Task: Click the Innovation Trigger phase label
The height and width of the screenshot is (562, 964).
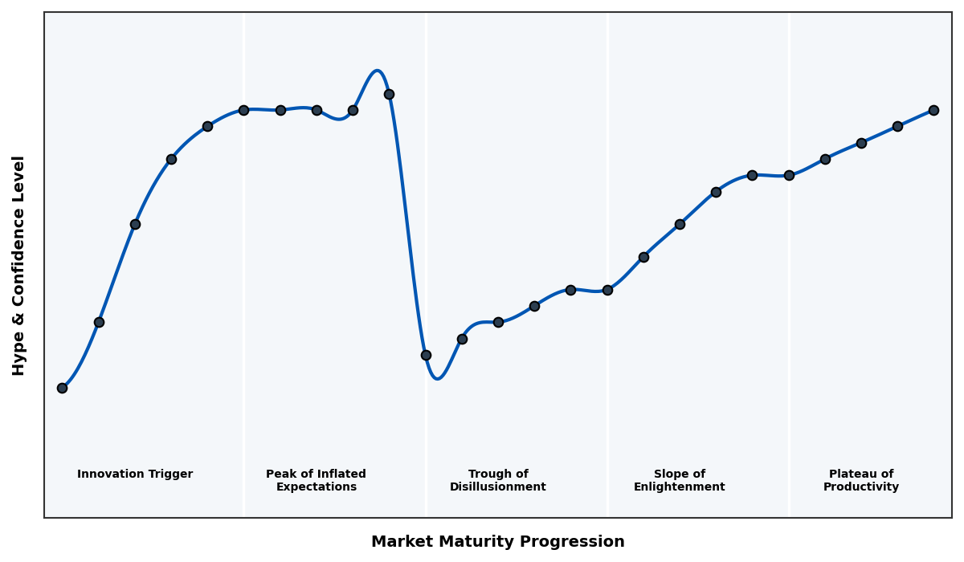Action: coord(135,474)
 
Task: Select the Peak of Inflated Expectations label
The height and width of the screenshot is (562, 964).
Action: coord(316,480)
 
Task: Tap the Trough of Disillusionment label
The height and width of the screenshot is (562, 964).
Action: coord(497,480)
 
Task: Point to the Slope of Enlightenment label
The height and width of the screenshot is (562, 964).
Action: coord(679,480)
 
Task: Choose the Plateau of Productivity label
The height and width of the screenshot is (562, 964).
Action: coord(861,480)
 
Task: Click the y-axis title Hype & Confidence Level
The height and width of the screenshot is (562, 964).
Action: coord(19,265)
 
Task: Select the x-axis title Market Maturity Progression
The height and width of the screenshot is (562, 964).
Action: coord(497,542)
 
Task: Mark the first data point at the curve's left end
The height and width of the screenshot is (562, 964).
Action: coord(62,388)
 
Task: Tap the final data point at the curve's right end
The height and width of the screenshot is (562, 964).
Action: coord(933,110)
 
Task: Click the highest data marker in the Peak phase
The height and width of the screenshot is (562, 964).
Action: coord(389,94)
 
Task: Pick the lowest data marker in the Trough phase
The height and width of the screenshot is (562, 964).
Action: coord(426,355)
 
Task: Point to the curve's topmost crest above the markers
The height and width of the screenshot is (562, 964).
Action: coord(377,71)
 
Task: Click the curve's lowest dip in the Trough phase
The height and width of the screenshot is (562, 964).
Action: coord(437,378)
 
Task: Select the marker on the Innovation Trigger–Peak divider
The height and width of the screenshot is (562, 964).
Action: coord(243,110)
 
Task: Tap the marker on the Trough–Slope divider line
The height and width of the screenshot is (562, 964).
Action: coord(607,290)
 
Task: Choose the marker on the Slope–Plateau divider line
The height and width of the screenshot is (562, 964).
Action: coord(789,175)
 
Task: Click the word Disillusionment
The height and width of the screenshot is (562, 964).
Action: coord(497,487)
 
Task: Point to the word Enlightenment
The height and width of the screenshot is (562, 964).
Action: coord(679,487)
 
